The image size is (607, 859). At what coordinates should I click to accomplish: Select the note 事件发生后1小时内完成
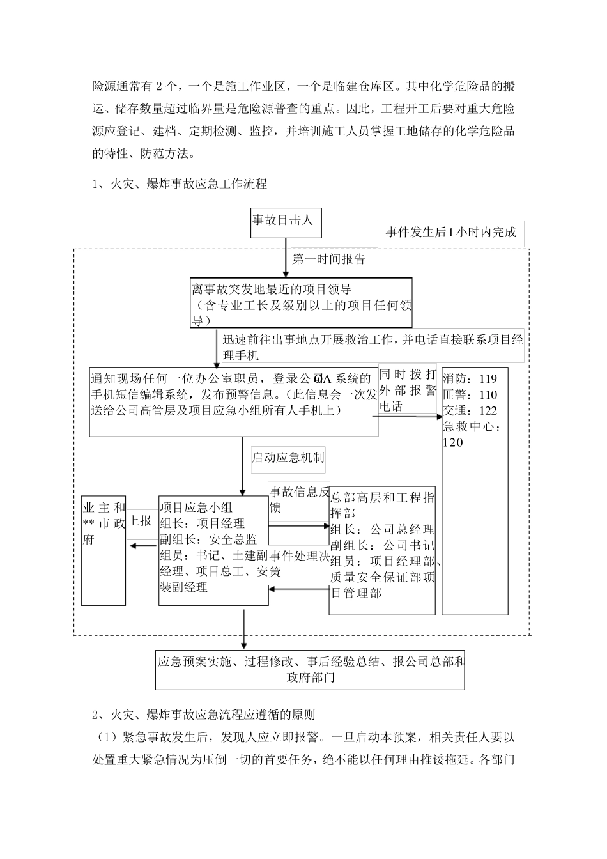450,233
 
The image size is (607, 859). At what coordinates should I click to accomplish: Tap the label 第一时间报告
329,259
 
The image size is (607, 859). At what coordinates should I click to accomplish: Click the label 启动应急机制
288,458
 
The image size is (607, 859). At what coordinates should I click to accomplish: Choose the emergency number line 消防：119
470,379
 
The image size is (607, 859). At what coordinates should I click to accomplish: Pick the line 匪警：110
470,395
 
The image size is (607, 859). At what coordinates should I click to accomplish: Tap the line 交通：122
470,411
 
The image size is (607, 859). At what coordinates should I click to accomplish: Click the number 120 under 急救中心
453,443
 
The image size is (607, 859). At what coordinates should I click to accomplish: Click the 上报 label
140,521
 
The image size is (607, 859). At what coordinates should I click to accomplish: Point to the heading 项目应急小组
196,508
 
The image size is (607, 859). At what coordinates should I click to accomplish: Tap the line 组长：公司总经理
382,530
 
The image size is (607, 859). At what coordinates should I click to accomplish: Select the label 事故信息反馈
298,499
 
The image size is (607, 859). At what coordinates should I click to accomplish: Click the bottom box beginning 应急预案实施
310,670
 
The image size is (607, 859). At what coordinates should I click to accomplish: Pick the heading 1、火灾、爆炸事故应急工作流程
180,184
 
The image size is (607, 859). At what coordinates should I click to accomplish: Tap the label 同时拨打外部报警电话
408,390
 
